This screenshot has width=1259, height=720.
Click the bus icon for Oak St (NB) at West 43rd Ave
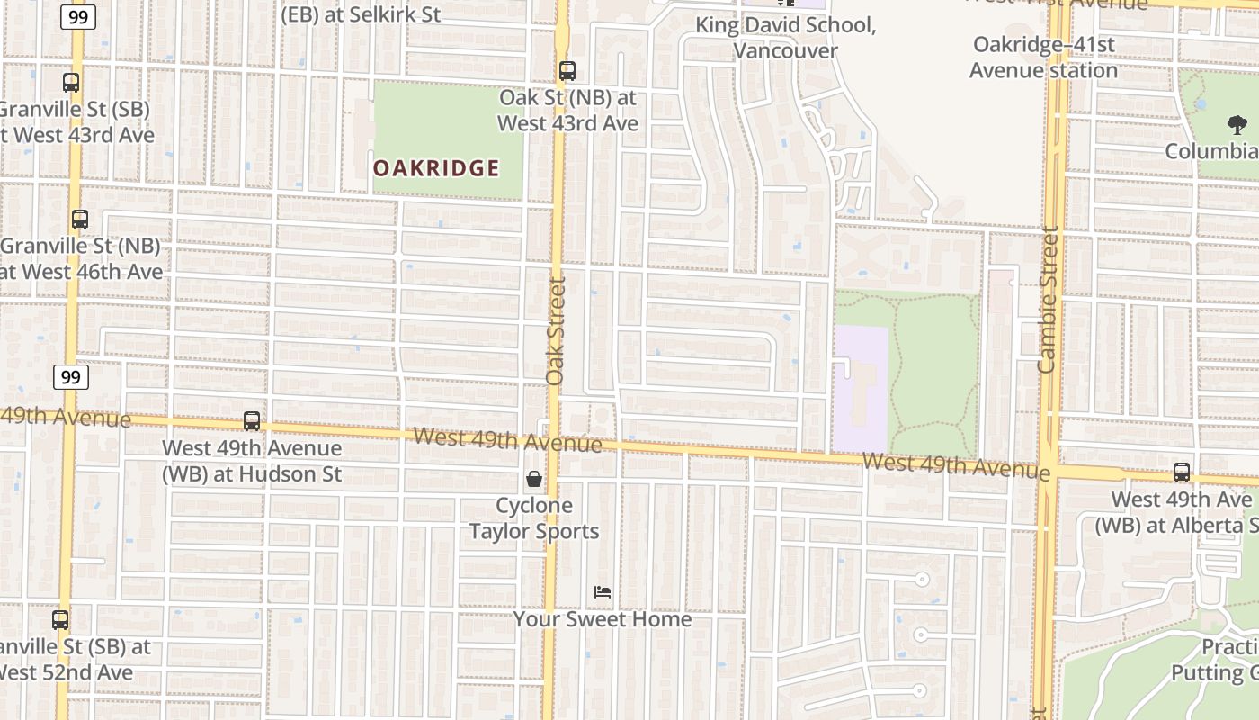coord(567,70)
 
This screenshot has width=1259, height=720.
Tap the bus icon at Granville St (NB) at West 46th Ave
coord(80,219)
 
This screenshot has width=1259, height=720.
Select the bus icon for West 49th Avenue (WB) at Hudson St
coord(252,420)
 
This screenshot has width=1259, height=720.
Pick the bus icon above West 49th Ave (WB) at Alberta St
coord(1182,472)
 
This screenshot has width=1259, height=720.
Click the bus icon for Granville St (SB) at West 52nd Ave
coord(60,619)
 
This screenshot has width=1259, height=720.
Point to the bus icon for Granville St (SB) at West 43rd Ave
coord(71,83)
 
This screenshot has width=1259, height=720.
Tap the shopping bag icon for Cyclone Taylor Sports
coord(534,479)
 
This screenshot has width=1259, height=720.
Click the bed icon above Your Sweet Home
coord(603,591)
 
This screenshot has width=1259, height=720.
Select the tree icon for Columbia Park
coord(1237,125)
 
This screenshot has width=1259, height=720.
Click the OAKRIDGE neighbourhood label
coord(436,168)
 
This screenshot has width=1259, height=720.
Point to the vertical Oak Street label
coord(556,330)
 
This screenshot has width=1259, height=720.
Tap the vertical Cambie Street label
coord(1047,300)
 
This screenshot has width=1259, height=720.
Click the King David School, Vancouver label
coord(785,38)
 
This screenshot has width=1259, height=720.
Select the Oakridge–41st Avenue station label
coord(1044,57)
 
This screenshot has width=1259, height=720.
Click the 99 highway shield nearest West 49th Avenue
coord(70,376)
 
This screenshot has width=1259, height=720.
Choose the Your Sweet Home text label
coord(603,619)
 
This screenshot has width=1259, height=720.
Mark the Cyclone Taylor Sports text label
coord(534,518)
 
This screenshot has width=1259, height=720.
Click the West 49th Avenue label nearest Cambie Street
coord(955,466)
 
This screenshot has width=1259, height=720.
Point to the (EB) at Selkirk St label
coord(361,14)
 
